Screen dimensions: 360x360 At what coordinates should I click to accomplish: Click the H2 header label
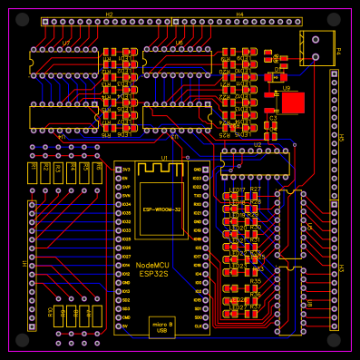[109, 15]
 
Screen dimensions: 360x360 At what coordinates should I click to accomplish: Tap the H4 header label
[239, 15]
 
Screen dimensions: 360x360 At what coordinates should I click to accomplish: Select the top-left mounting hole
[22, 18]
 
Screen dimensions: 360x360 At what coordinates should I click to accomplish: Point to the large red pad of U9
[292, 103]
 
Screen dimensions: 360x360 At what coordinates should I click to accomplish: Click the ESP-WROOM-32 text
[161, 209]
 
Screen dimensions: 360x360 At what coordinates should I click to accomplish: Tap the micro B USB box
[162, 327]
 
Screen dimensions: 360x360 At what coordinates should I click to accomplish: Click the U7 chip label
[65, 43]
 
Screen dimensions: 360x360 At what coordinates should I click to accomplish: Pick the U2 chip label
[258, 144]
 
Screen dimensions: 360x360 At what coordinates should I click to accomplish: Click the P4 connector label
[338, 50]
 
